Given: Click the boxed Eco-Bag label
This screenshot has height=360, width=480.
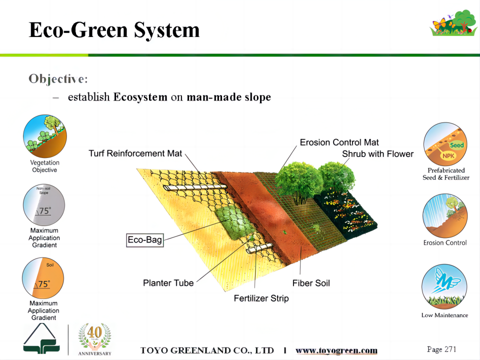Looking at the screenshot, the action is tap(145, 240).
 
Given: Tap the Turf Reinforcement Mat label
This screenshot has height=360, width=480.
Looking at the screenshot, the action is tap(135, 153).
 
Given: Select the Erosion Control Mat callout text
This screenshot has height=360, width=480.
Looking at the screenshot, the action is tap(339, 142).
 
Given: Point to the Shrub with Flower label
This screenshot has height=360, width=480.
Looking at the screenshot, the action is tap(378, 154).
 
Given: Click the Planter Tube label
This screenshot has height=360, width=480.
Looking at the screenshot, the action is tap(168, 283).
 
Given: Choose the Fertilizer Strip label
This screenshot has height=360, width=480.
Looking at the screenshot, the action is tap(261, 298).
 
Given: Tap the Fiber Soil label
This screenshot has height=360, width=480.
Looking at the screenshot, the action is tap(311, 283).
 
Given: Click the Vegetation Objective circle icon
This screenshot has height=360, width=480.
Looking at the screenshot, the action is tap(44, 136).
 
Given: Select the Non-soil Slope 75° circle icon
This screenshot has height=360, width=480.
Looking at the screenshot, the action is tap(44, 205).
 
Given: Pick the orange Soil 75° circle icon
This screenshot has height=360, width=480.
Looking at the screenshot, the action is tap(43, 278).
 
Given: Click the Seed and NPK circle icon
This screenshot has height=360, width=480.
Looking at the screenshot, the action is tap(445, 144).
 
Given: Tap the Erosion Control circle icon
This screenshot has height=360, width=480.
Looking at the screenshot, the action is tap(445, 215).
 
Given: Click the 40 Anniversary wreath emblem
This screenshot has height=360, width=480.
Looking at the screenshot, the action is tap(94, 339).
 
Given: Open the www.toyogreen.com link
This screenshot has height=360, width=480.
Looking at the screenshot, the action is tap(336, 350).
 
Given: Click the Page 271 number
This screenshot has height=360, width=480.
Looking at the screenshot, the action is tap(441, 349).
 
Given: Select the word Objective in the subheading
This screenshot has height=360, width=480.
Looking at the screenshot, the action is tap(56, 79).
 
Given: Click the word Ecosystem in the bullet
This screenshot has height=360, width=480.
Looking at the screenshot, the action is tap(140, 97).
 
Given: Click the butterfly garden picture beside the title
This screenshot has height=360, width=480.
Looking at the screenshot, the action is tap(453, 23).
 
